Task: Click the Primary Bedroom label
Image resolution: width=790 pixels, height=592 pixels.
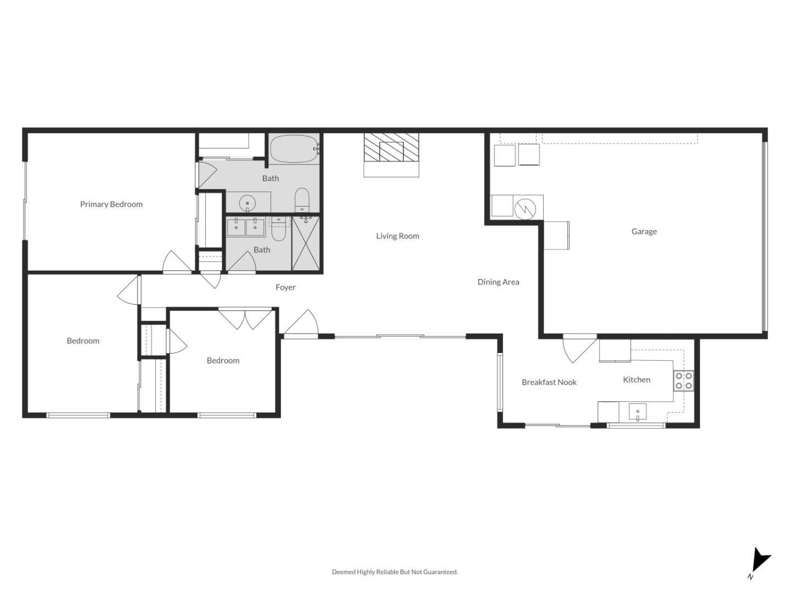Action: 111,204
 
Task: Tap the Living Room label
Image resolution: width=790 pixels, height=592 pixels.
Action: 397,236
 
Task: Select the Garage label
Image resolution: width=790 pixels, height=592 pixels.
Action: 644,231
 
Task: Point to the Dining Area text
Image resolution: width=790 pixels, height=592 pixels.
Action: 498,282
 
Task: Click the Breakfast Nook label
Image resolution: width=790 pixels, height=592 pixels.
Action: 549,382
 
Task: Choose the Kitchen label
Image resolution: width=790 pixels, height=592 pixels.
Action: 636,379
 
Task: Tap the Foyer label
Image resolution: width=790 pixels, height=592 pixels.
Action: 285,287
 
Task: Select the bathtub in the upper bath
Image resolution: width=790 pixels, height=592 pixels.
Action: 294,149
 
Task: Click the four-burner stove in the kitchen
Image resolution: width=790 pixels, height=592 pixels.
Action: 684,380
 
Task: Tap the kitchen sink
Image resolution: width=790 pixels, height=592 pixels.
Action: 637,412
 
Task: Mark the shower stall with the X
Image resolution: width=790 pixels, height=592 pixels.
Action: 306,243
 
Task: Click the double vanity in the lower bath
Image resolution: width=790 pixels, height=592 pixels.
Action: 246,226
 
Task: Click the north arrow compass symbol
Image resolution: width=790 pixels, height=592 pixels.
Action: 759,561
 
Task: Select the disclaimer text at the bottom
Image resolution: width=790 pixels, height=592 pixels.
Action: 394,572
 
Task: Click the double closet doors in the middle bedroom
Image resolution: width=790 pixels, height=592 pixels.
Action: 245,318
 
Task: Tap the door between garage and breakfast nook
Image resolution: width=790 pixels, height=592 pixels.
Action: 578,348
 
